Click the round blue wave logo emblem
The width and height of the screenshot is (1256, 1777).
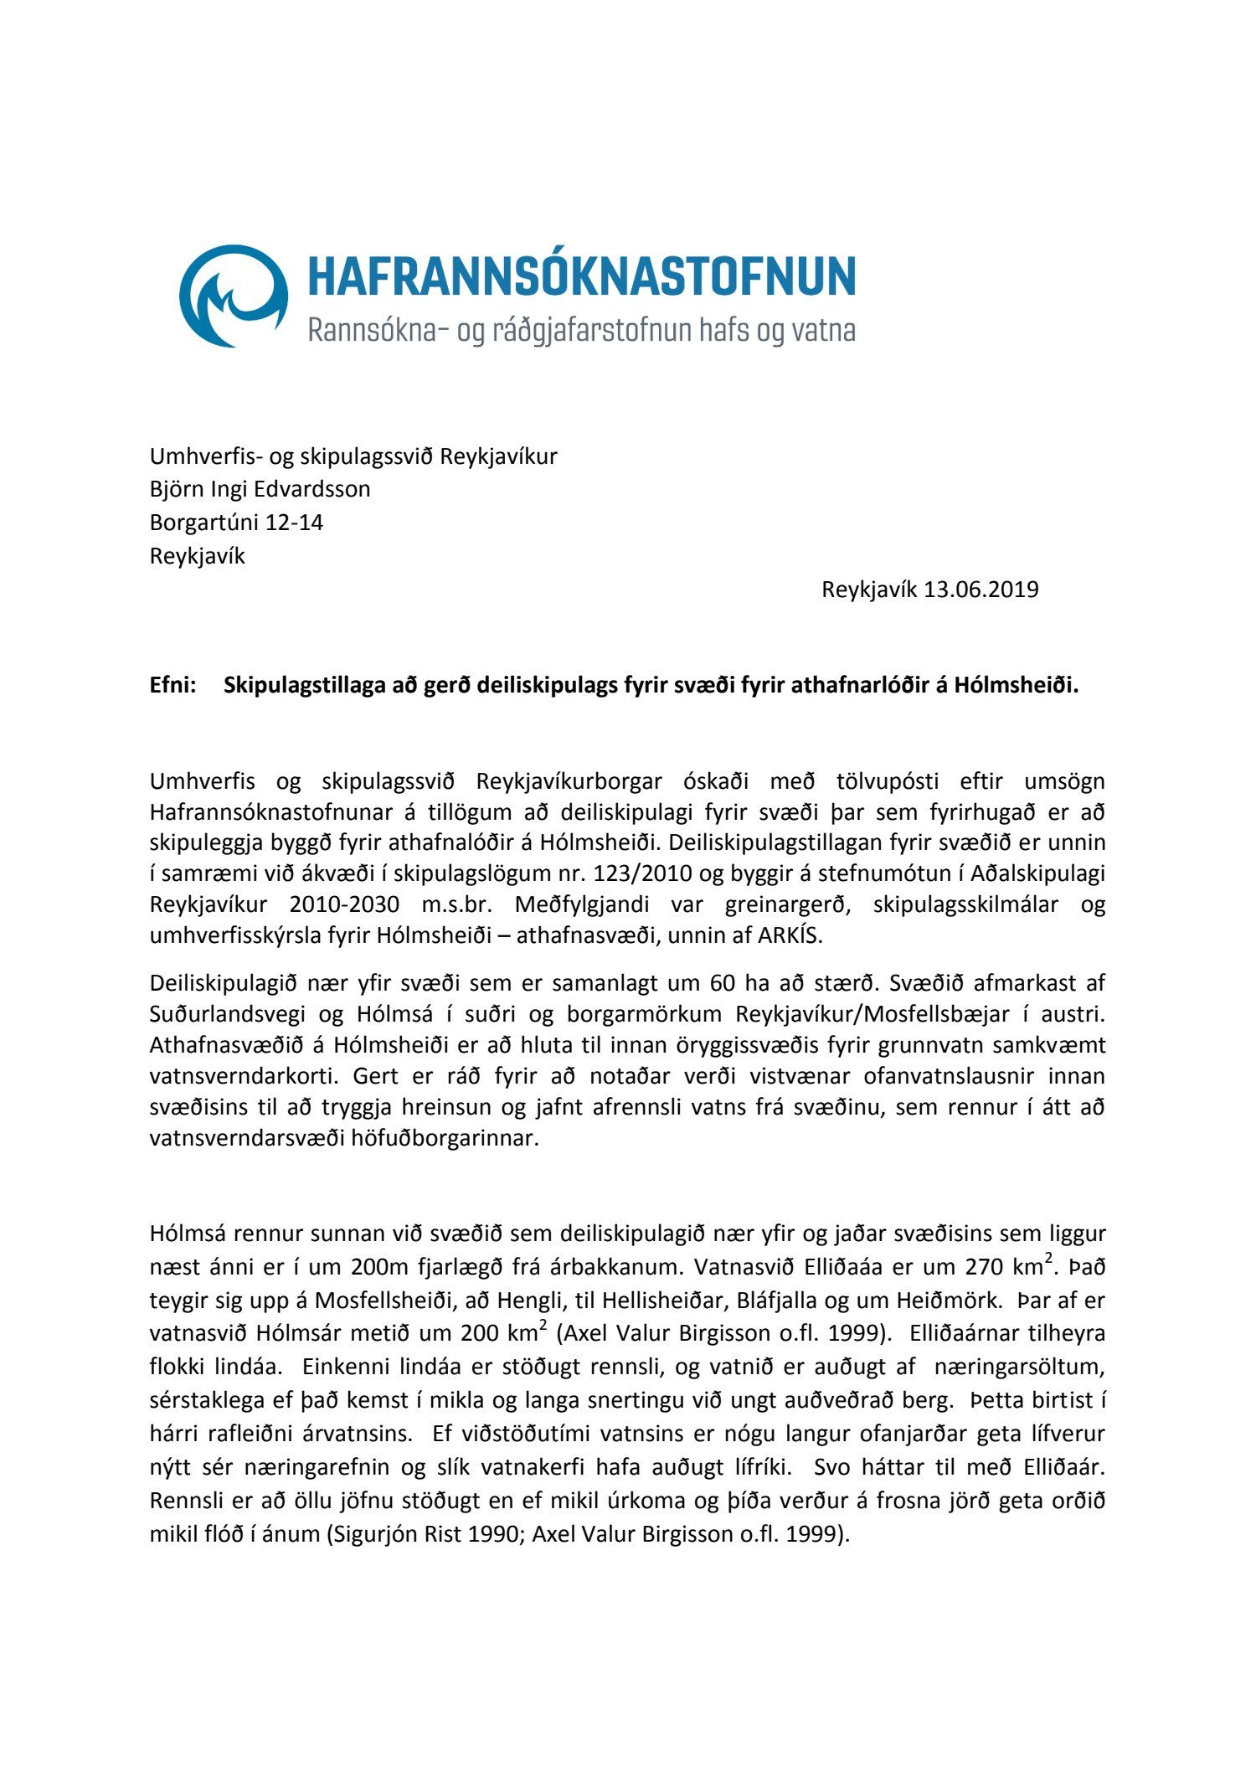click(x=234, y=296)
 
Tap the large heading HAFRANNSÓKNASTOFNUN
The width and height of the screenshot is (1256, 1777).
click(x=582, y=276)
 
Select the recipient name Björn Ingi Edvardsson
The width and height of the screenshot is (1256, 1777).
click(x=260, y=489)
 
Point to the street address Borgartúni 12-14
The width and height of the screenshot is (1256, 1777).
click(x=236, y=523)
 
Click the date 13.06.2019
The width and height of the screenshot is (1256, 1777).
click(x=981, y=590)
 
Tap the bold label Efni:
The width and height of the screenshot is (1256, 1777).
click(x=172, y=686)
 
